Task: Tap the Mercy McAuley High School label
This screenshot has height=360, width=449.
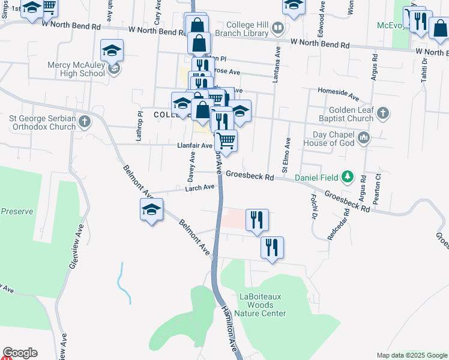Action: click(x=78, y=69)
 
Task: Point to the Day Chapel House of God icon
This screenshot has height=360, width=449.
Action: click(x=363, y=139)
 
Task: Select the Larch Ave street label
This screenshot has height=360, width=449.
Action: click(x=200, y=188)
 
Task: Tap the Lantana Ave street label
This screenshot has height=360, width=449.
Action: click(x=277, y=66)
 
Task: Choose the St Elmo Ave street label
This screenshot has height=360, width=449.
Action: click(x=288, y=152)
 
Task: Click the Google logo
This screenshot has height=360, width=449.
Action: click(x=20, y=353)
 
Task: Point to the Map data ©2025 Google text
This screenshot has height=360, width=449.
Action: click(x=411, y=355)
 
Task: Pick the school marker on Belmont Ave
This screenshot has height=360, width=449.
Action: click(x=151, y=211)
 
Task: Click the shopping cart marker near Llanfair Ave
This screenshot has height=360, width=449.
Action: click(x=226, y=141)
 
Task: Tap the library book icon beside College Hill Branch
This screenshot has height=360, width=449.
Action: click(x=277, y=27)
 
